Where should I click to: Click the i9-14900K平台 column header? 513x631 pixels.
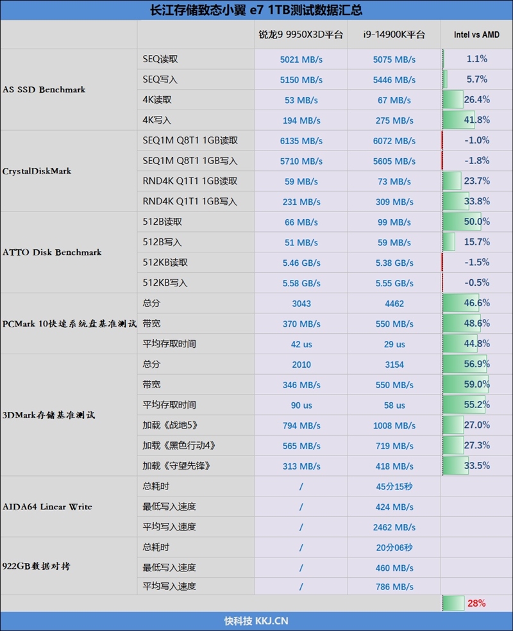(394, 35)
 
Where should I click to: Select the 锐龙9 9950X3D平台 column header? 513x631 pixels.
(301, 35)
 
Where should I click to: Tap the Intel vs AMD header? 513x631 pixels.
(476, 35)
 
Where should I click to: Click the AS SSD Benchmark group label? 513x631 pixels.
(44, 90)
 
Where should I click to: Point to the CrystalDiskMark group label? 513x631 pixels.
(37, 171)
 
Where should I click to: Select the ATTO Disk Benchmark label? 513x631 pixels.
(52, 252)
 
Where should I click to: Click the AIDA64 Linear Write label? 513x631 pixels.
(47, 507)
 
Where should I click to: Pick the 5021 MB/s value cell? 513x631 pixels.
(301, 60)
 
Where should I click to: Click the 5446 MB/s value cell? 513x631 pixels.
(394, 80)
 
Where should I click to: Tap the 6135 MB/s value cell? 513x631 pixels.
(301, 141)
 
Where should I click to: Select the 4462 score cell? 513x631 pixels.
(394, 304)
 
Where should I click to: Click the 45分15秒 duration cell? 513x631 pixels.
(394, 487)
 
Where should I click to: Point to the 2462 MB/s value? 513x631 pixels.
(394, 527)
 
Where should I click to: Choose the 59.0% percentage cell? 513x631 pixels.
(476, 385)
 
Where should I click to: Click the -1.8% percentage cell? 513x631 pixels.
(476, 161)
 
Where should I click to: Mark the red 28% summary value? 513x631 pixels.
(476, 603)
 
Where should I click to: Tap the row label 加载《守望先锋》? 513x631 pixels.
(176, 466)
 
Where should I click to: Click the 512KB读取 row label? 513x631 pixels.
(165, 263)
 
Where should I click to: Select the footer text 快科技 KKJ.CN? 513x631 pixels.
(256, 621)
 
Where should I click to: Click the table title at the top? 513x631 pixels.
(256, 10)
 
